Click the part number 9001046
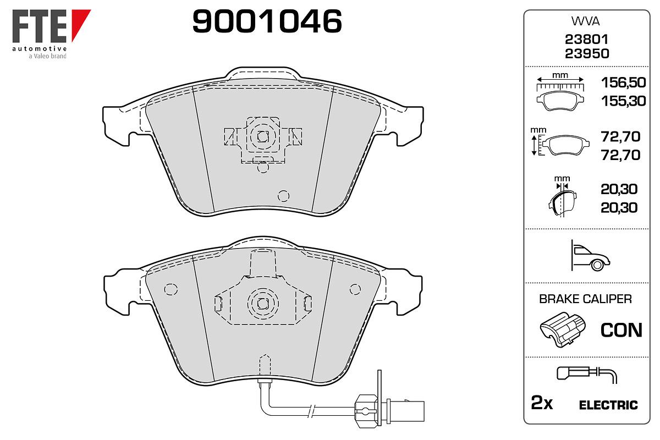point(267,21)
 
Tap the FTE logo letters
point(40,26)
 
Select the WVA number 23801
point(586,39)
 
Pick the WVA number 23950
point(587,54)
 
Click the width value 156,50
point(623,82)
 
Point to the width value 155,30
point(623,101)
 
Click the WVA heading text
point(585,21)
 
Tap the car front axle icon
point(590,256)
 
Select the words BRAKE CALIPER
point(585,299)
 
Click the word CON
point(621,331)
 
